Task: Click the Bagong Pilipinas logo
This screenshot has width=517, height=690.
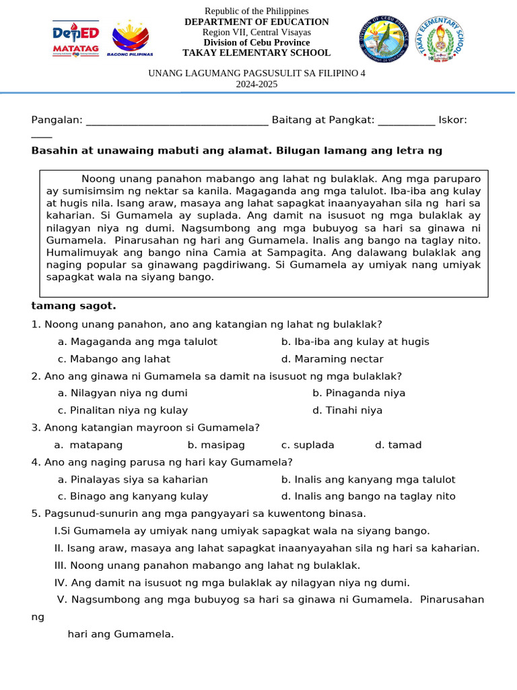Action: pyautogui.click(x=130, y=40)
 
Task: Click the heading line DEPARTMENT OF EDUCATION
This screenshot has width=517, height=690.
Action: pyautogui.click(x=256, y=22)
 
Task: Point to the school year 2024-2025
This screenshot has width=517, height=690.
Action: pyautogui.click(x=256, y=84)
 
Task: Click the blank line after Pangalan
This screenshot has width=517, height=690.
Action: pyautogui.click(x=177, y=121)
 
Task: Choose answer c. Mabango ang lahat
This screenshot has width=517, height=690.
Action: pyautogui.click(x=114, y=359)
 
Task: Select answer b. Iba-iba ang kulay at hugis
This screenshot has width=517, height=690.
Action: pyautogui.click(x=355, y=342)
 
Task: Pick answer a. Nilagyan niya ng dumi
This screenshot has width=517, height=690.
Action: pyautogui.click(x=123, y=393)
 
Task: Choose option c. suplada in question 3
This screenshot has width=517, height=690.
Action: pyautogui.click(x=308, y=445)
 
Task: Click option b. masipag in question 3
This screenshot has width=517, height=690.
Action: pyautogui.click(x=216, y=445)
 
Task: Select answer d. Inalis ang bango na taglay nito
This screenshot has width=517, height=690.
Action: pyautogui.click(x=368, y=497)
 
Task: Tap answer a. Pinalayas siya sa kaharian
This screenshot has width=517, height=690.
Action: pyautogui.click(x=133, y=480)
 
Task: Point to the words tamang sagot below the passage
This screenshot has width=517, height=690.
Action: pyautogui.click(x=73, y=306)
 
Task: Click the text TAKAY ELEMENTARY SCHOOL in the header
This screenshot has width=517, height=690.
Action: pyautogui.click(x=256, y=53)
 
